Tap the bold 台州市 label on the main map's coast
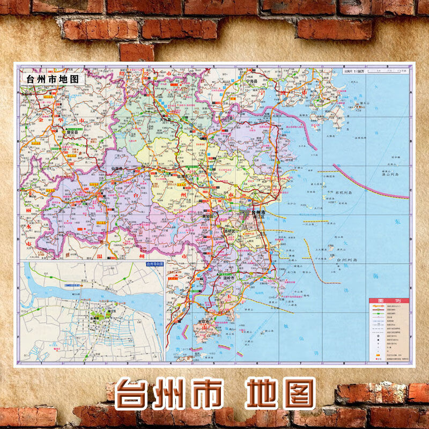[260, 213]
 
